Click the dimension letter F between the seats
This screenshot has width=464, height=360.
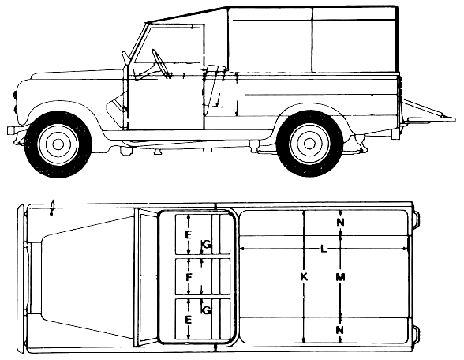click(189, 277)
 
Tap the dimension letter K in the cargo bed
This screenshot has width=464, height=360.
click(304, 277)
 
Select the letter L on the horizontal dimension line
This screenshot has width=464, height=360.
click(324, 249)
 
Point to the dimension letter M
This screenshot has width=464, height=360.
click(341, 277)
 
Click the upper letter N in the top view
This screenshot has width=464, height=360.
click(341, 223)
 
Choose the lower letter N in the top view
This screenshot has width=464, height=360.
click(341, 329)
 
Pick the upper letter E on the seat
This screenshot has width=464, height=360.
click(188, 235)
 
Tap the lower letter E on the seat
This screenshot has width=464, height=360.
click(188, 320)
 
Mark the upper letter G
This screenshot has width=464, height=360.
click(208, 245)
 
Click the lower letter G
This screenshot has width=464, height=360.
click(208, 310)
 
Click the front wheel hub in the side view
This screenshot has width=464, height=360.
click(58, 144)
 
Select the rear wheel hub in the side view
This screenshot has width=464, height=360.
click(310, 144)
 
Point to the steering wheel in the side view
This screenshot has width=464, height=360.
click(160, 64)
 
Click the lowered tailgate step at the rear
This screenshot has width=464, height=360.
click(431, 119)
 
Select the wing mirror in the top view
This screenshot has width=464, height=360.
click(52, 208)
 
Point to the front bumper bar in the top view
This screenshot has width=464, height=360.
click(21, 279)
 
